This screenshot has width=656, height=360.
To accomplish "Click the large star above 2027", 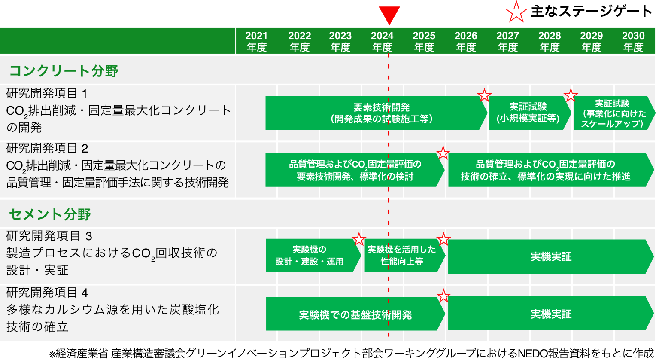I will [x=516, y=12].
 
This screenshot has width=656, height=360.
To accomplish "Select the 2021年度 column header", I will [x=257, y=41].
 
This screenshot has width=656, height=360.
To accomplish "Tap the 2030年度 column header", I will [x=633, y=41].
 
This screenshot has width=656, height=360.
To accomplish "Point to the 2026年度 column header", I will [x=466, y=41].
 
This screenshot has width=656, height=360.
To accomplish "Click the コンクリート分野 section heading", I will [x=64, y=70].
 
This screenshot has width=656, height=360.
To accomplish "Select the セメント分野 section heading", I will [x=50, y=214].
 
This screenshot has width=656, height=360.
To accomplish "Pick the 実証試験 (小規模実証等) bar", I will [x=528, y=113].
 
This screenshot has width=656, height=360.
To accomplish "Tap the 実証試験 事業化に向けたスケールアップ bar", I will [x=612, y=113].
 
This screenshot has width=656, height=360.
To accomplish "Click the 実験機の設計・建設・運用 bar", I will [x=311, y=256].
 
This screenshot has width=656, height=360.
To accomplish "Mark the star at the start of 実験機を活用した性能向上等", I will [x=358, y=239].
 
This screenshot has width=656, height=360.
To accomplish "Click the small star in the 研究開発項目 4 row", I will [x=443, y=296].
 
